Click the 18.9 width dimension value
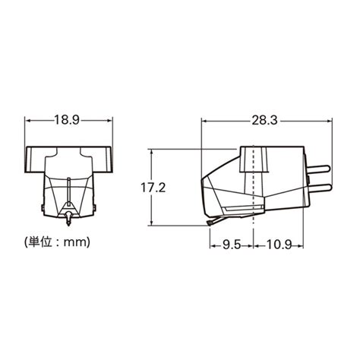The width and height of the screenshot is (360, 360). point(67,120)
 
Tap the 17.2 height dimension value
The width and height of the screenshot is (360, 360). point(153,188)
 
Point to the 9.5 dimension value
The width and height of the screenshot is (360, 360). point(232,245)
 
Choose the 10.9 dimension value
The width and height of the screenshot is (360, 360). point(279,245)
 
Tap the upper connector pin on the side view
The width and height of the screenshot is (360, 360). point(318,169)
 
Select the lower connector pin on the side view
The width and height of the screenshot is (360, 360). point(320,188)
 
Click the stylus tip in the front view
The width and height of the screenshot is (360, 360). point(68,224)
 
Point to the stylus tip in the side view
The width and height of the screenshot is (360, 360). point(209,223)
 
